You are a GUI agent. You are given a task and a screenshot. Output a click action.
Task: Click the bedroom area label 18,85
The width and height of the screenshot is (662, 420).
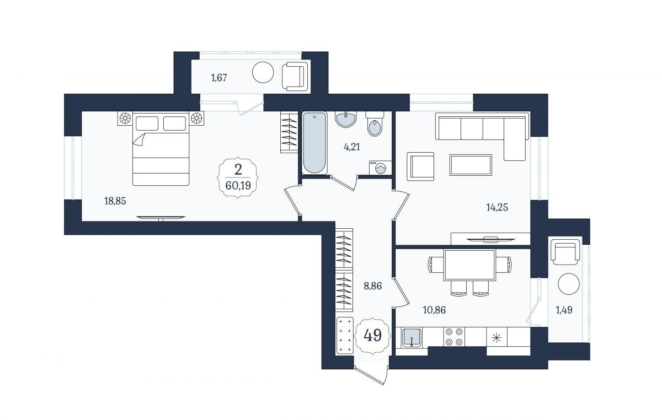pyautogui.click(x=115, y=201)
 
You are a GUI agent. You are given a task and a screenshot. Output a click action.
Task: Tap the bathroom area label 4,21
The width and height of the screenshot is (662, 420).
pyautogui.click(x=352, y=147)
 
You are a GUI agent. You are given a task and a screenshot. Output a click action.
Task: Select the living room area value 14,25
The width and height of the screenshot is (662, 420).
pyautogui.click(x=497, y=207)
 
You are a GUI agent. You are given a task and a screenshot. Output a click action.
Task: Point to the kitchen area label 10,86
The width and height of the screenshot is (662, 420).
pyautogui.click(x=434, y=310)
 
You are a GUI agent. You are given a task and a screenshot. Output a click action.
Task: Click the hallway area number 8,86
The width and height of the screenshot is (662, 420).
pyautogui.click(x=373, y=286)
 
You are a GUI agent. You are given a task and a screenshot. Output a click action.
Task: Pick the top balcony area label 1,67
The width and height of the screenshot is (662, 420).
pyautogui.click(x=219, y=78)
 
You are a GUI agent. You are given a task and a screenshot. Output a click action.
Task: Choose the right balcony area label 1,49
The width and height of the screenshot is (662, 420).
pyautogui.click(x=564, y=310)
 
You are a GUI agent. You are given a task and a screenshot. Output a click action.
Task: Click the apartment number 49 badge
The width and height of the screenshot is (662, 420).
pyautogui.click(x=373, y=335)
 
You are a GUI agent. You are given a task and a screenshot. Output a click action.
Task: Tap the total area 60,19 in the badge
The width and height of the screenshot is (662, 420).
pyautogui.click(x=238, y=186)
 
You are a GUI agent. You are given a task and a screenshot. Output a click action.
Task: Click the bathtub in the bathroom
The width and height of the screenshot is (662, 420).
pyautogui.click(x=314, y=143)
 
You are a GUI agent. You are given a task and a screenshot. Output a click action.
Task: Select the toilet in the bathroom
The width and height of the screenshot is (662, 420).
pyautogui.click(x=375, y=123)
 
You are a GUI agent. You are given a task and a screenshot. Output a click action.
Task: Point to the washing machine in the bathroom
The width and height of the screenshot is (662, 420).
pyautogui.click(x=380, y=167)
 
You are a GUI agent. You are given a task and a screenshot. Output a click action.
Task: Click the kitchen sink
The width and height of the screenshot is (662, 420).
pyautogui.click(x=412, y=337)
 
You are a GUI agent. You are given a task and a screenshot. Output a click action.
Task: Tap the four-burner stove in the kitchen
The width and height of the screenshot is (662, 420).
pyautogui.click(x=454, y=337)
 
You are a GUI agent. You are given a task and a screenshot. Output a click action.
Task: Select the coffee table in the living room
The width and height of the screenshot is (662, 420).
pyautogui.click(x=471, y=165)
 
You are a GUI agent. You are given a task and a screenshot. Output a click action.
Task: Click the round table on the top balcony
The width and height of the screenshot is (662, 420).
pyautogui.click(x=263, y=72)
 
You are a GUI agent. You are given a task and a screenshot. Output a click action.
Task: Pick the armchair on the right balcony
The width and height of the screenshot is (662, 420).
pyautogui.click(x=565, y=252)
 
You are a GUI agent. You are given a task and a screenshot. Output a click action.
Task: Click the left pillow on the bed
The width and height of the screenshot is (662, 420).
pyautogui.click(x=147, y=123)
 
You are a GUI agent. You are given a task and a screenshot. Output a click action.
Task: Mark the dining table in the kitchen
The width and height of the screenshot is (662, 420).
pyautogui.click(x=469, y=265)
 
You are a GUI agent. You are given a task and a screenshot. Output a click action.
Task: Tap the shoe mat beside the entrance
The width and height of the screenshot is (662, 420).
pyautogui.click(x=345, y=336)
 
